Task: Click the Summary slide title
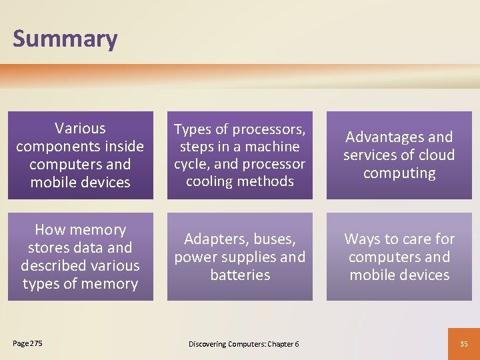[x=65, y=39]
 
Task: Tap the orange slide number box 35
[x=464, y=343]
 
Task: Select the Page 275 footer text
[x=27, y=343]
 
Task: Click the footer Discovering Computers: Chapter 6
[x=243, y=344]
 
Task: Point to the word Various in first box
[x=80, y=128]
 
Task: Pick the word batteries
[x=240, y=275]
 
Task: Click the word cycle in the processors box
[x=193, y=164]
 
